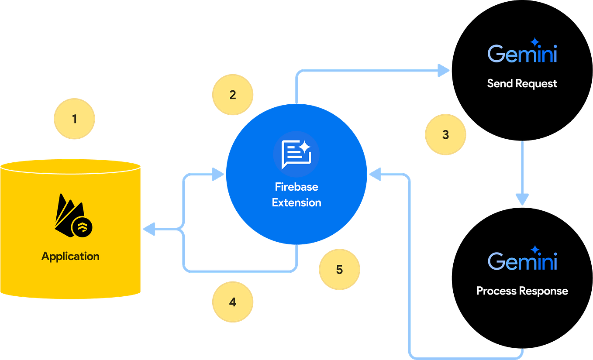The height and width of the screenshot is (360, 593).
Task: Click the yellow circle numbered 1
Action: point(74,119)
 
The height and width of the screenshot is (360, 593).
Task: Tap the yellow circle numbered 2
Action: point(232,95)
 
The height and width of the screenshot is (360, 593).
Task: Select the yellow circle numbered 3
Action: point(445,134)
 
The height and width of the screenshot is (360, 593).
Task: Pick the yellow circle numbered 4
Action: point(232,302)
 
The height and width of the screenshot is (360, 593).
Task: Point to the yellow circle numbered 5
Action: point(339,270)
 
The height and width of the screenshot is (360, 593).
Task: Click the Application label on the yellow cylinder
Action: point(70,256)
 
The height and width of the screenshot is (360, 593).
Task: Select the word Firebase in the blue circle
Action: point(296,187)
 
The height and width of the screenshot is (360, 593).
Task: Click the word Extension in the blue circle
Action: point(296,202)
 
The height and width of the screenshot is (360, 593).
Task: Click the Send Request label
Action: point(522,83)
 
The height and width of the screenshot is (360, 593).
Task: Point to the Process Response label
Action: point(522,291)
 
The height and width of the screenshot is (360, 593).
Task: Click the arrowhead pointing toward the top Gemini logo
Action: point(443,70)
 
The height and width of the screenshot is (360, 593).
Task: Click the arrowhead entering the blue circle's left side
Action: point(217,173)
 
